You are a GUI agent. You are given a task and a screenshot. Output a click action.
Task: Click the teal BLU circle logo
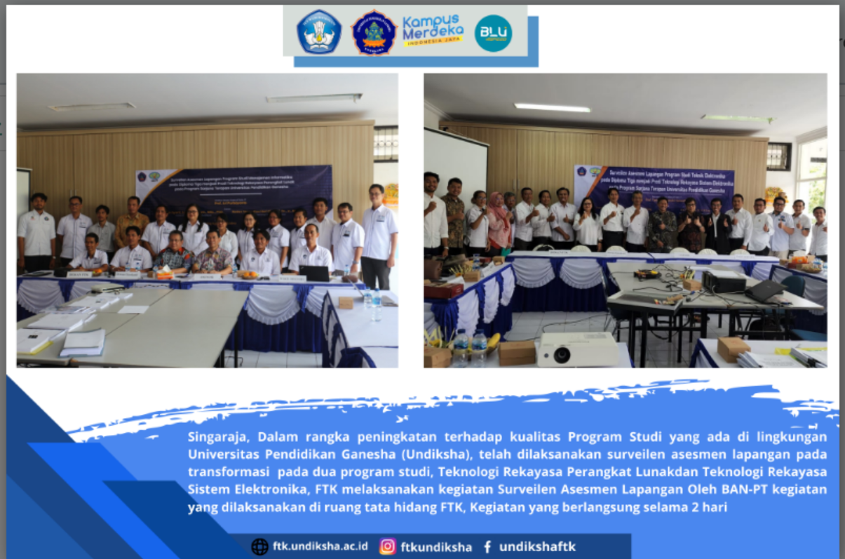[493, 33]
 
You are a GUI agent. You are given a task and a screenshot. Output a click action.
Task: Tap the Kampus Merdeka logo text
[431, 31]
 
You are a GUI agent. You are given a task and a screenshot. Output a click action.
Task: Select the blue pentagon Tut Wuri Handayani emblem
[319, 32]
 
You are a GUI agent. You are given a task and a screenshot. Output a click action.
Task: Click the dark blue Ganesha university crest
[374, 32]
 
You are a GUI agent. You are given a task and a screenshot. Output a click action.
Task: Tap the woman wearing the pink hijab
[499, 222]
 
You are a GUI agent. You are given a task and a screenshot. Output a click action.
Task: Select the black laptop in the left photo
[315, 273]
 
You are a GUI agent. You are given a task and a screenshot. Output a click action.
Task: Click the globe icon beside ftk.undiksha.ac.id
[259, 546]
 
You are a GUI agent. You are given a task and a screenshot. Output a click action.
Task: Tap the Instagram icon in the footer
[387, 546]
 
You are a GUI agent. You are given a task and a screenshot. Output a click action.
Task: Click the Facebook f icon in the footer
[487, 546]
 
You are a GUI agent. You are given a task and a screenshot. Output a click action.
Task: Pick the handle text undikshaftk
[537, 546]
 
